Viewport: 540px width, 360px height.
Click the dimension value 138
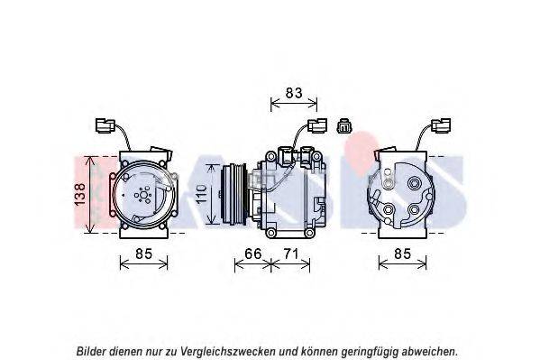[80, 195]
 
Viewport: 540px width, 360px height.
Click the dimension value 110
[201, 195]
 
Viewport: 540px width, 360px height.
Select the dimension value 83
[294, 93]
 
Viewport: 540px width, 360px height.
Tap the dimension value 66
[253, 254]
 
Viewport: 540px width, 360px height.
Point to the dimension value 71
[290, 254]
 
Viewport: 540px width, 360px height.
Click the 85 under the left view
[143, 254]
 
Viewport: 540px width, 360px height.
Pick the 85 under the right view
[402, 254]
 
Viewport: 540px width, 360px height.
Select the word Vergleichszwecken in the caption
[228, 352]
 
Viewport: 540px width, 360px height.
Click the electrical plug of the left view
[105, 125]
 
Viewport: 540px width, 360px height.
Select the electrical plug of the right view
[441, 125]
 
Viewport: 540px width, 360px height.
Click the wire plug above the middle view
[317, 125]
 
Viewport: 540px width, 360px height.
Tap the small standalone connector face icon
[343, 125]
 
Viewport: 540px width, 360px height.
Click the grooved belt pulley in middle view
[233, 196]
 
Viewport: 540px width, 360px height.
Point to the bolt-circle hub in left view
[143, 195]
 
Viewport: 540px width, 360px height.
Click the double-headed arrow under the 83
[294, 103]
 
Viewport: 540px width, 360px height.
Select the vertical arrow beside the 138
[90, 194]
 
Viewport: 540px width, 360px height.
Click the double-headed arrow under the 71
[290, 265]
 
